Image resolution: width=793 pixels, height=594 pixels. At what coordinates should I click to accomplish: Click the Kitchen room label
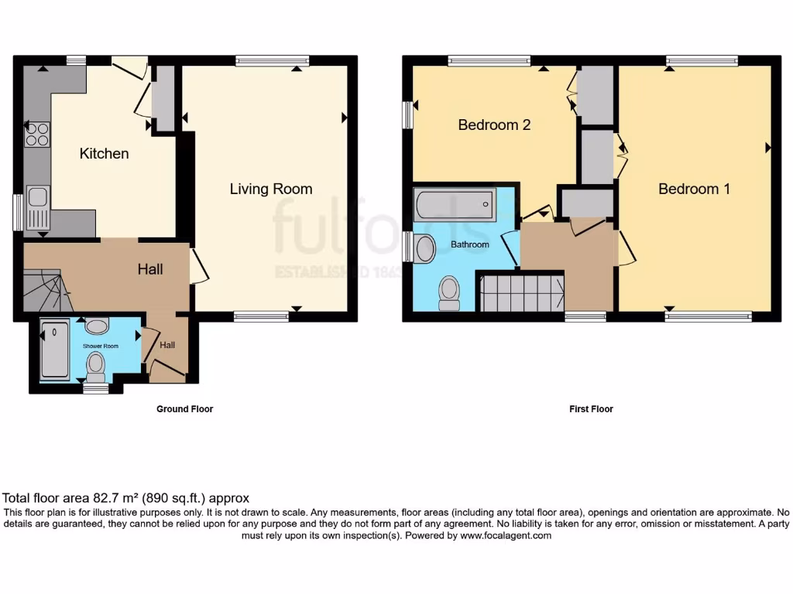point(104,153)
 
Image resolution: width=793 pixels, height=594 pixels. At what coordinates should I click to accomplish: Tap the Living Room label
point(270,189)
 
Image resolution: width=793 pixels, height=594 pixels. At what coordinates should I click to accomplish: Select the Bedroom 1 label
point(694,189)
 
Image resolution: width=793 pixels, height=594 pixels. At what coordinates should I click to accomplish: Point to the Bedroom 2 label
point(494,125)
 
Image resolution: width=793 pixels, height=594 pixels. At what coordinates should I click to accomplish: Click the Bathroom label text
point(470,244)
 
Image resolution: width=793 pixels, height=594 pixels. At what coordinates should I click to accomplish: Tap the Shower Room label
point(101,346)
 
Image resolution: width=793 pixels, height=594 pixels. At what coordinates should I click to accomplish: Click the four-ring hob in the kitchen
point(37,135)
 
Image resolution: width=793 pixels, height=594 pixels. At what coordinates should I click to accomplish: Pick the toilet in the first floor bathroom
point(448,293)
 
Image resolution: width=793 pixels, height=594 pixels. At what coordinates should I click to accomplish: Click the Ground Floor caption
point(184,409)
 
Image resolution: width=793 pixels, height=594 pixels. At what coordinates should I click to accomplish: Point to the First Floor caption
point(591,409)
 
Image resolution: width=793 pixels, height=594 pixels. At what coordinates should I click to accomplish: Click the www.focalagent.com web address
point(505,535)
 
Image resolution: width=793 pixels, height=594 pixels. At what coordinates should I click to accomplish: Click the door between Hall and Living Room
point(199,267)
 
